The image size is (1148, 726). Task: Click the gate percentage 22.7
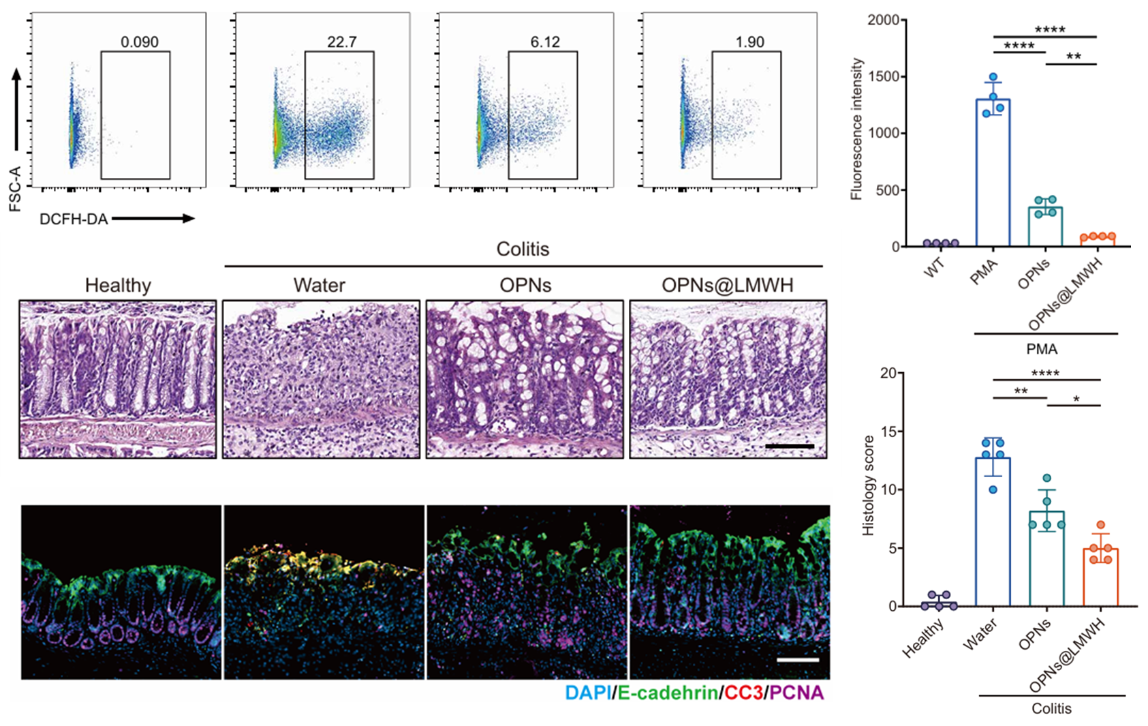[341, 42]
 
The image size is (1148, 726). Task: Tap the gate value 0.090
[140, 42]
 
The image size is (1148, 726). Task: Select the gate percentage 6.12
[545, 42]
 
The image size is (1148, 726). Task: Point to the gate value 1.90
[749, 42]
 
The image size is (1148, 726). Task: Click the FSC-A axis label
[15, 188]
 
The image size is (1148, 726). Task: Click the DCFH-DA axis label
[74, 220]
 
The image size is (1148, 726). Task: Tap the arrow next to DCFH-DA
[153, 219]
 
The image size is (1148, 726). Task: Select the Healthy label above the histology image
[118, 285]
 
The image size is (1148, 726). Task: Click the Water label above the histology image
[319, 285]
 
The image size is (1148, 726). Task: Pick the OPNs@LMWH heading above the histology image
[728, 285]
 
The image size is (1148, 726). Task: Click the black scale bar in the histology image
[790, 447]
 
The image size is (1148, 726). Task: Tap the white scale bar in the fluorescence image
[797, 660]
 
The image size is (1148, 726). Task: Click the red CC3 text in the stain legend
[743, 693]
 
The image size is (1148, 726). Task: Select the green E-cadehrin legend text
[667, 693]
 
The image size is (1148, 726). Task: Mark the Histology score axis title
[869, 485]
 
